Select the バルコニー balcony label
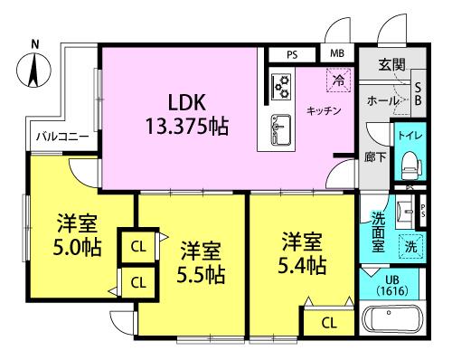(x=61, y=137)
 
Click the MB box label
(x=336, y=53)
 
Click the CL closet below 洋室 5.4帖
(x=329, y=321)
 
